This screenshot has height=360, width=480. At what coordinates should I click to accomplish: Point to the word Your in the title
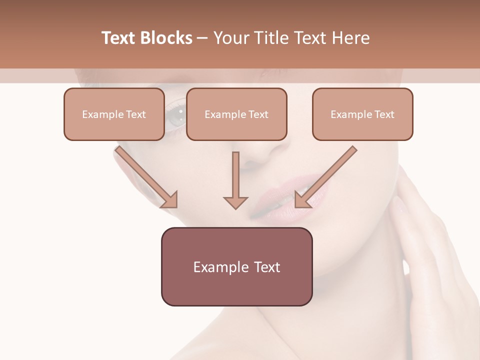(x=230, y=38)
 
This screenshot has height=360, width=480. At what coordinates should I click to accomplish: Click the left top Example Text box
(x=114, y=114)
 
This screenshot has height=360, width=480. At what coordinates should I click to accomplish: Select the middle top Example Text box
(x=236, y=114)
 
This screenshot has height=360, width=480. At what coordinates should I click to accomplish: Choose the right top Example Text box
(x=362, y=114)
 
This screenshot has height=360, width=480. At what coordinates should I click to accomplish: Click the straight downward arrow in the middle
(x=235, y=180)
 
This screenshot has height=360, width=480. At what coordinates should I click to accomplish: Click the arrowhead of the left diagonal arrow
(x=170, y=199)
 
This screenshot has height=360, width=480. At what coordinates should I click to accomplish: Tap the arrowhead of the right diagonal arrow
(x=301, y=199)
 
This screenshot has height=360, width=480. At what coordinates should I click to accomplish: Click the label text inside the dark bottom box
(x=236, y=267)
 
